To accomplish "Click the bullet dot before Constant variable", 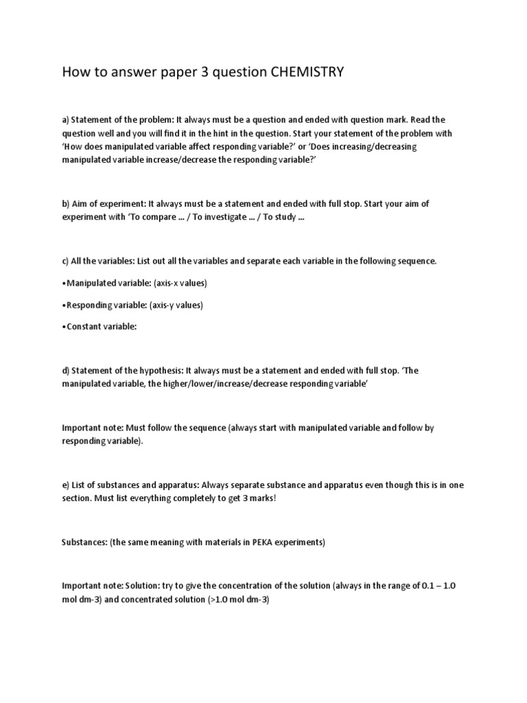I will [65, 327].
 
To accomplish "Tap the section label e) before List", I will [67, 485].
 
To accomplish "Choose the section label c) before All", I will [67, 261].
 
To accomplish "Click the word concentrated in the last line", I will [141, 599].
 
